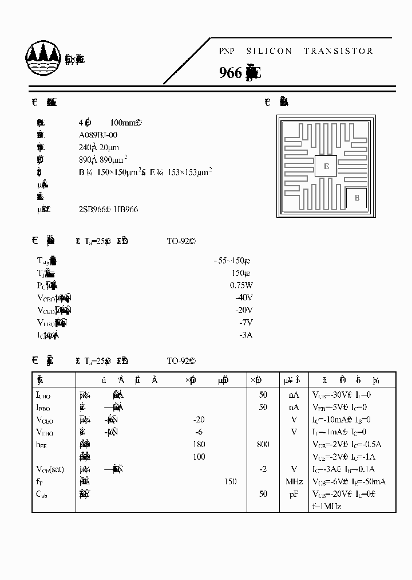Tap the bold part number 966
(x=231, y=73)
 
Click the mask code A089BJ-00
(x=98, y=135)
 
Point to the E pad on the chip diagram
(x=326, y=166)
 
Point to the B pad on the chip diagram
(x=357, y=198)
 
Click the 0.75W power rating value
(x=241, y=285)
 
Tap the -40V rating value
(x=244, y=297)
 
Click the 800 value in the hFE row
(x=263, y=444)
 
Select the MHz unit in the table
(x=294, y=481)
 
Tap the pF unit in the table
(x=294, y=494)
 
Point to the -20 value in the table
(x=199, y=420)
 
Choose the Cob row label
(x=42, y=494)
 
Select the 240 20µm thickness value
(x=98, y=147)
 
